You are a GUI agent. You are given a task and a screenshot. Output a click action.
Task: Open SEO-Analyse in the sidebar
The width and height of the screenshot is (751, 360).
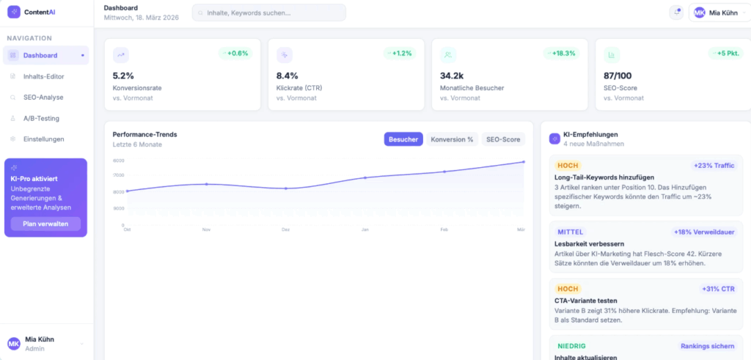(43, 97)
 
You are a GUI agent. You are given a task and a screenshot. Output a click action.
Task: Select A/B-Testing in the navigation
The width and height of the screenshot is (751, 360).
(41, 118)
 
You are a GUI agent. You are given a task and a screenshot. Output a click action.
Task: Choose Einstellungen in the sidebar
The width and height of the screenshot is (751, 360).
(43, 139)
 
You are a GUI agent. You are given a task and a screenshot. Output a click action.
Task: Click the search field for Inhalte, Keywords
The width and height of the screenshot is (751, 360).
(268, 12)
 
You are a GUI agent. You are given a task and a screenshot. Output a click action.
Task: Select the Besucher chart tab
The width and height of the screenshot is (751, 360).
(403, 139)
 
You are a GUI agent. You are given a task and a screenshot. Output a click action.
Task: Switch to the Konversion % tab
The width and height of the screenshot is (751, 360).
(452, 139)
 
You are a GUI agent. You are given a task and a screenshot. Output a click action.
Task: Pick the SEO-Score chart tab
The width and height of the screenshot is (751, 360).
(503, 139)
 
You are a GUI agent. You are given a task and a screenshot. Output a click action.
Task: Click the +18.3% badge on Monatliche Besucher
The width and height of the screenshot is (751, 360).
(561, 53)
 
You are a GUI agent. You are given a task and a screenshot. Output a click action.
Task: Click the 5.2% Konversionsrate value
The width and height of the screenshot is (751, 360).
(123, 76)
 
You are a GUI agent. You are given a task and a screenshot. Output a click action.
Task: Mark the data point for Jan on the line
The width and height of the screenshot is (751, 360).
(365, 177)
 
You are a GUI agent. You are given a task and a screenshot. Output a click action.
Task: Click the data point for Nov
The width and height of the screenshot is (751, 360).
(207, 184)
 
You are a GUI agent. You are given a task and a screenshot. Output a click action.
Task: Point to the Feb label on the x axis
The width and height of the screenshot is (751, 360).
(444, 229)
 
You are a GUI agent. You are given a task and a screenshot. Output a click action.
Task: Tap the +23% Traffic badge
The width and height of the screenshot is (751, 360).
(713, 166)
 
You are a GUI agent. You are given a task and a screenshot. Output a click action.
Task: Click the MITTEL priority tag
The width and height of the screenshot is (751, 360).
(571, 232)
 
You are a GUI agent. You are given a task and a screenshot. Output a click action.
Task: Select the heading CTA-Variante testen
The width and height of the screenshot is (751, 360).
(587, 301)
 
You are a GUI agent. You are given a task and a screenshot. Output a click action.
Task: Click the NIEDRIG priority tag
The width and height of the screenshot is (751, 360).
(572, 345)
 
